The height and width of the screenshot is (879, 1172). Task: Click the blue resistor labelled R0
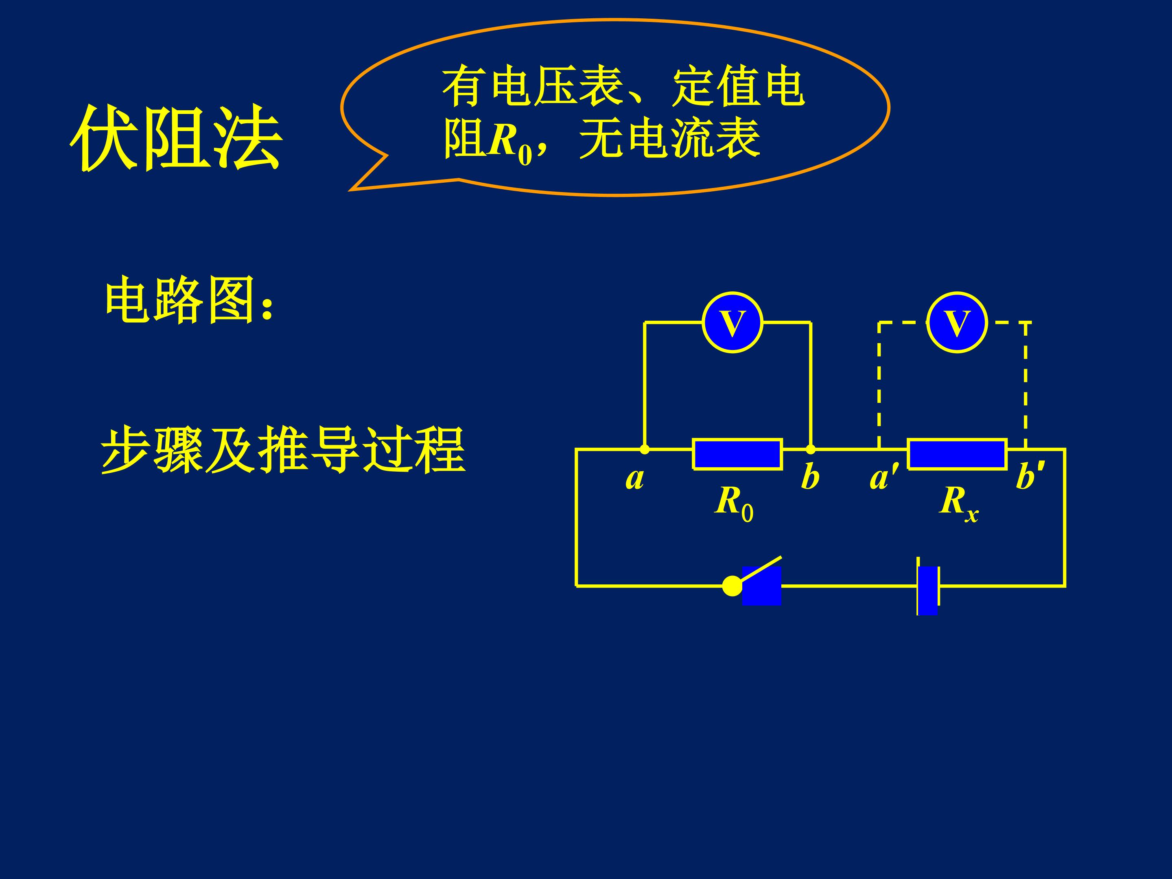(737, 454)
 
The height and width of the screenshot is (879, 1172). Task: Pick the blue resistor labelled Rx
(957, 454)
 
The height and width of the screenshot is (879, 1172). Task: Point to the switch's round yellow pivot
(732, 586)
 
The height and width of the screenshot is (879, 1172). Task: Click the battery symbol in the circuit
(928, 586)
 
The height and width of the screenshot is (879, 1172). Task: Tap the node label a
(635, 479)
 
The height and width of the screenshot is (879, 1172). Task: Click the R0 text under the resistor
(734, 504)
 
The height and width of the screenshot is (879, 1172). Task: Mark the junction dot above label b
(810, 449)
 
